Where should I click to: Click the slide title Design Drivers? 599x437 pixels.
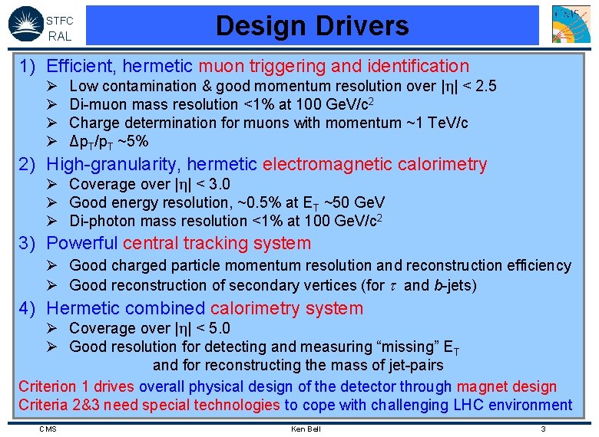[x=312, y=26]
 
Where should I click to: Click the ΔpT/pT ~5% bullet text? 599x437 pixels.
[x=109, y=141]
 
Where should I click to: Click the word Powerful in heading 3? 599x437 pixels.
[x=81, y=244]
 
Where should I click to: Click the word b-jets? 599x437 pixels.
[x=454, y=286]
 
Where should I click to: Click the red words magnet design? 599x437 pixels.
[x=511, y=387]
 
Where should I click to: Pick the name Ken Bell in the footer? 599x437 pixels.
[x=306, y=429]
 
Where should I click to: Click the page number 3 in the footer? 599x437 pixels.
[x=543, y=429]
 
